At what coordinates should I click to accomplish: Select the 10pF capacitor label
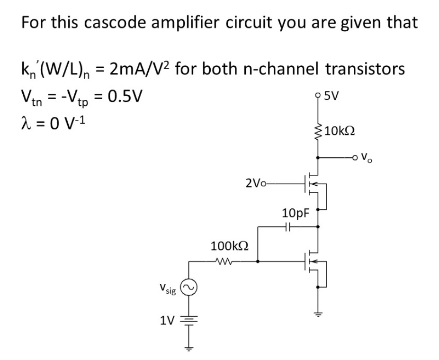click(295, 213)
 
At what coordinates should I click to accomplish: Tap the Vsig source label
click(168, 288)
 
